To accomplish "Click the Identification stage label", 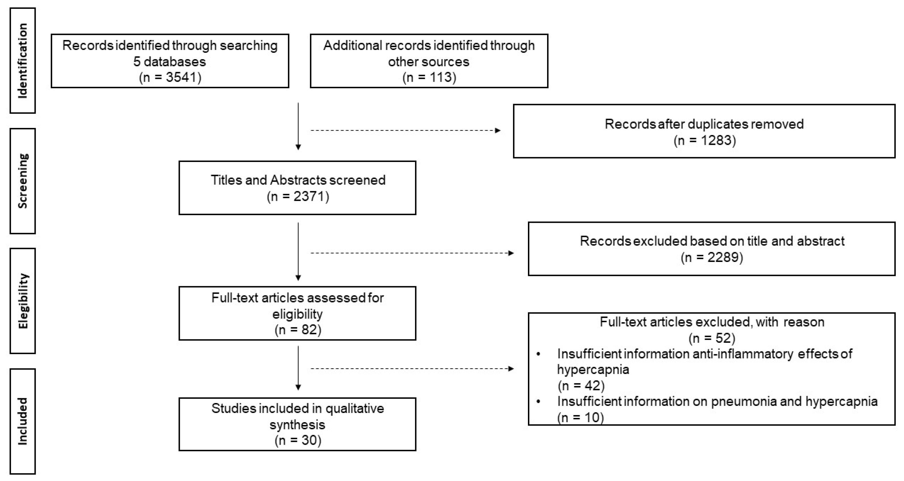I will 23,60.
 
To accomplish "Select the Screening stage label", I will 23,181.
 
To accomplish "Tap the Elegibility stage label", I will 23,301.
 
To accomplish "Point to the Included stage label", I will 23,421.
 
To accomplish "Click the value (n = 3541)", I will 170,77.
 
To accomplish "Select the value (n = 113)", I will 429,77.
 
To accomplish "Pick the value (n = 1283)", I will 704,140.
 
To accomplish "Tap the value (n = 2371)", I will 298,196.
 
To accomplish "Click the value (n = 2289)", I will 712,257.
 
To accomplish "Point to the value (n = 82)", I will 298,330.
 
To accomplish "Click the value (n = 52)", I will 712,338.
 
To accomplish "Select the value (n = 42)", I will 581,386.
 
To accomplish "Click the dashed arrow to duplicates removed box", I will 405,131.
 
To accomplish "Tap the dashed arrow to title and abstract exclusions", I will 412,253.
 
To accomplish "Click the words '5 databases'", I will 170,62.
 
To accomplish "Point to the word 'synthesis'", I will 298,424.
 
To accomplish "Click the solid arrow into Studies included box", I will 298,368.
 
